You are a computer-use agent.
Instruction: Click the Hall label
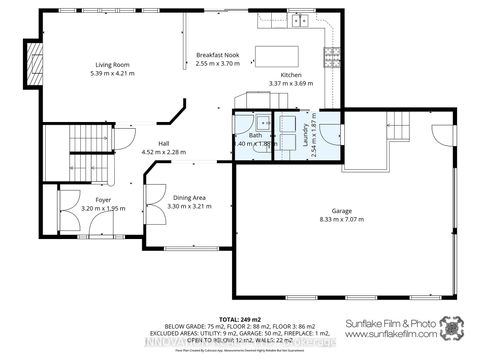(x=162, y=144)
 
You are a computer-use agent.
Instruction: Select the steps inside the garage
(x=398, y=126)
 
